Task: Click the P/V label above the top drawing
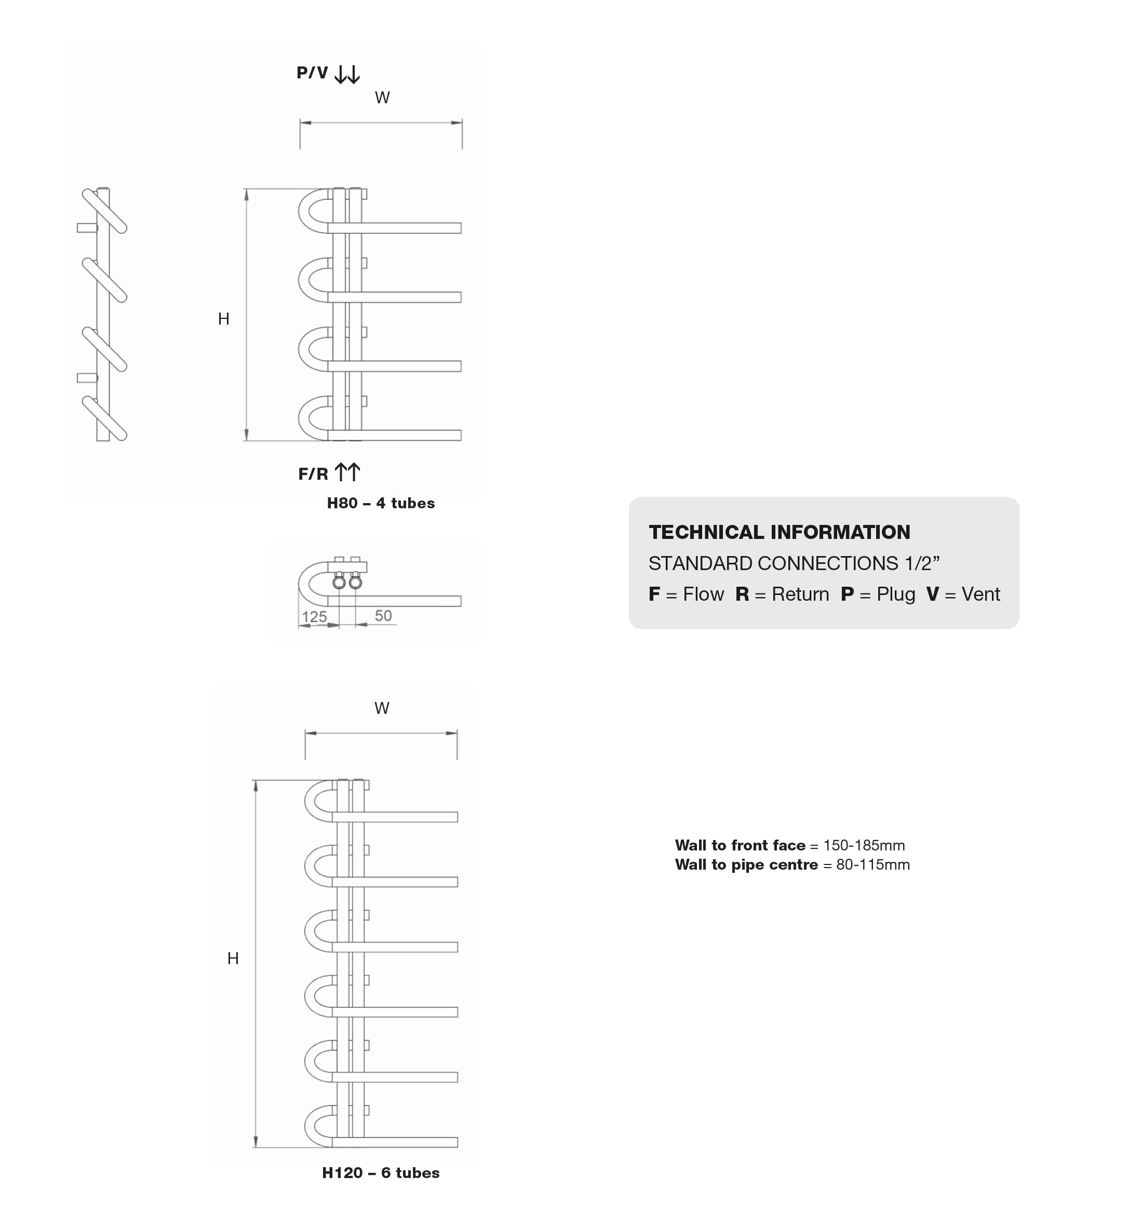tap(312, 73)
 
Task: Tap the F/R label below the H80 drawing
tap(313, 474)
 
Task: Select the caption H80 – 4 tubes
tap(381, 504)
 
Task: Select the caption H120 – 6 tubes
tap(381, 1172)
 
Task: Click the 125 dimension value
tap(314, 617)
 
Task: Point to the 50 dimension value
tap(383, 615)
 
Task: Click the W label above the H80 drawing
tap(382, 98)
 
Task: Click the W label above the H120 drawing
tap(382, 708)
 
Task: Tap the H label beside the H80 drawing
tap(223, 319)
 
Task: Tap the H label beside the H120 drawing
tap(233, 958)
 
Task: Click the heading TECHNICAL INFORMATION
tap(780, 532)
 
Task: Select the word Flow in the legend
tap(703, 594)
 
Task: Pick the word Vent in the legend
tap(981, 594)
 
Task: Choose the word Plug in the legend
tap(896, 594)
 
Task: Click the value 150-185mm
tap(864, 845)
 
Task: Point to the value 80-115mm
tap(873, 865)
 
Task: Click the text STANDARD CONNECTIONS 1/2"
tap(794, 563)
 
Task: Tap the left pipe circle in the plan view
tap(339, 583)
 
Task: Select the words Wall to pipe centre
tap(746, 865)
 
